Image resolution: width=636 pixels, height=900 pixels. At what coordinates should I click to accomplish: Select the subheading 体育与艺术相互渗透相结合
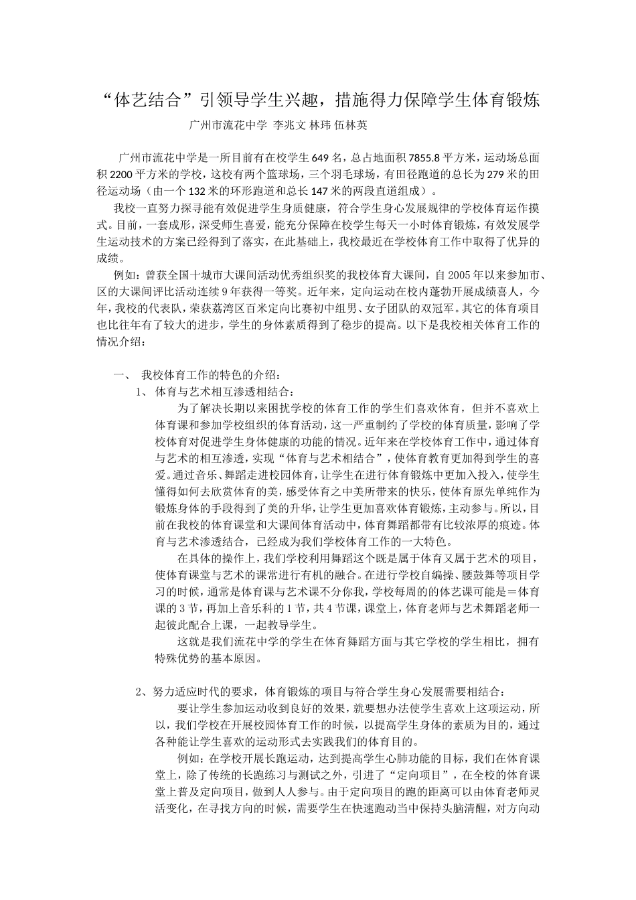tap(224, 390)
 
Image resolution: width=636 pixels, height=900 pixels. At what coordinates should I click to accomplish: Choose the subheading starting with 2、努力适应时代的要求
tap(321, 690)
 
